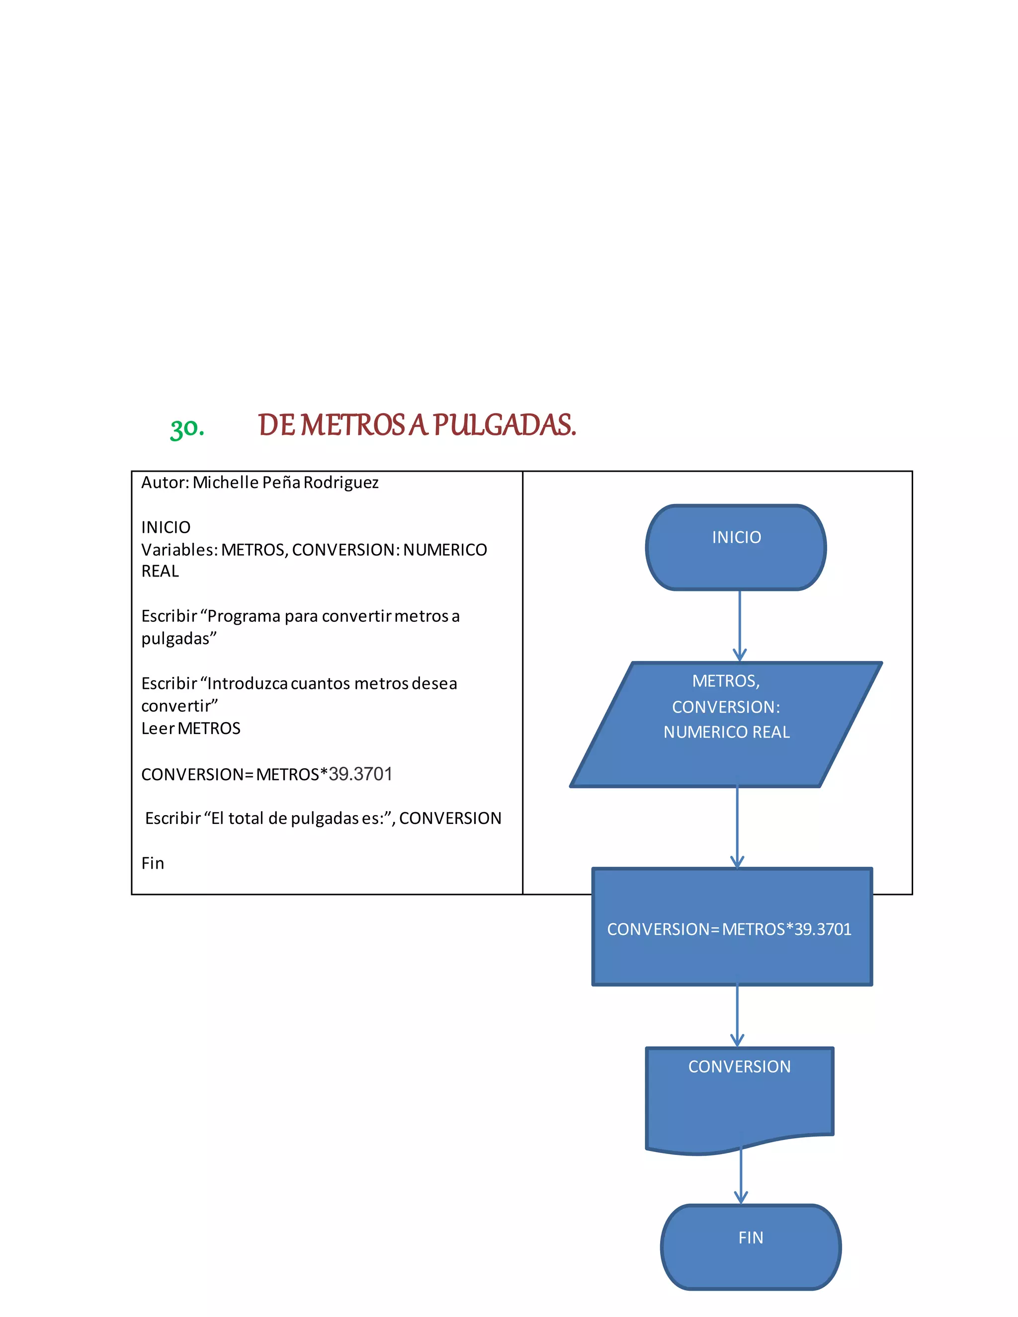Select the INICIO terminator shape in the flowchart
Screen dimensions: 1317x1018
[736, 548]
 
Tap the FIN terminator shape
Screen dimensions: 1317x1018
[751, 1247]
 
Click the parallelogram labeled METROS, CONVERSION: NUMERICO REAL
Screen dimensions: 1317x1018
[726, 724]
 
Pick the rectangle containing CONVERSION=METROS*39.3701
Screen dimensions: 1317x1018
[732, 927]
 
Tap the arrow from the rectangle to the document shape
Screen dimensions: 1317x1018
[737, 1017]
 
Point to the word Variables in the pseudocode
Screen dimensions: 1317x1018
[179, 550]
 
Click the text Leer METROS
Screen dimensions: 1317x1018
[190, 729]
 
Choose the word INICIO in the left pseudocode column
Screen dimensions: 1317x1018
[166, 528]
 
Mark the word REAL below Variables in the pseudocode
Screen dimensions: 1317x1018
[160, 571]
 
